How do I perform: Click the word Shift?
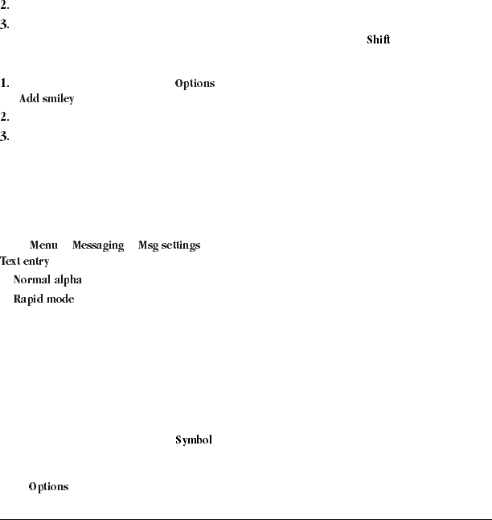click(378, 40)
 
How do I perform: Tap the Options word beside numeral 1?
click(195, 84)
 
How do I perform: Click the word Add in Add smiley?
click(29, 99)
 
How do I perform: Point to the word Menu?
click(43, 245)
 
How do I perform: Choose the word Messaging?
click(98, 246)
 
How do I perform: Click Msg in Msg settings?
click(148, 246)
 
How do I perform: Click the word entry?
click(35, 262)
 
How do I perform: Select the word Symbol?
click(194, 440)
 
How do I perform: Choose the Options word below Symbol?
click(48, 487)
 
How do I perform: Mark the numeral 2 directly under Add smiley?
click(5, 118)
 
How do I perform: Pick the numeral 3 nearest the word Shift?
click(5, 24)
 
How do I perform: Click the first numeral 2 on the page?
click(5, 6)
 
